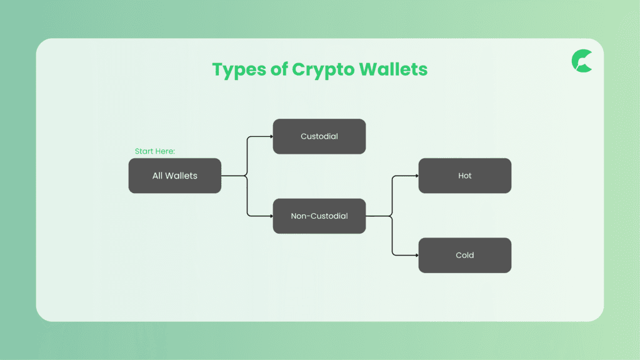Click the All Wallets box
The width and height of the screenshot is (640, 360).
point(175,176)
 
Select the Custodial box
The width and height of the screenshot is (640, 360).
point(319,136)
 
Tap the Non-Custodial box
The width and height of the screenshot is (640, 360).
point(319,216)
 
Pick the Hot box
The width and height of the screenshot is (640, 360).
point(465,176)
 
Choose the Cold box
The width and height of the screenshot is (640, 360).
point(465,255)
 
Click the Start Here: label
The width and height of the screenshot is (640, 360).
point(155,151)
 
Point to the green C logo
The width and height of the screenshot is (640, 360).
point(582,61)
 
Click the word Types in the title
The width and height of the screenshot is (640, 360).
point(239,70)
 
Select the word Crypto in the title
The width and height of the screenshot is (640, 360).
point(323,70)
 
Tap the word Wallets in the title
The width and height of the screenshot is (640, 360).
point(394,69)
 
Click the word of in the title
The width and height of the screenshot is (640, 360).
point(279,69)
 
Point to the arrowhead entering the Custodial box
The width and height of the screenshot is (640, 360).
point(271,136)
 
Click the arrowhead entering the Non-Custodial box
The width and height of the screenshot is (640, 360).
point(271,216)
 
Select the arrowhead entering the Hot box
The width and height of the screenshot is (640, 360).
point(417,176)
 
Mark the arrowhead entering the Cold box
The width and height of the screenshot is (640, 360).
point(417,255)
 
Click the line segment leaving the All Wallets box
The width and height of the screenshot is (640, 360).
point(234,176)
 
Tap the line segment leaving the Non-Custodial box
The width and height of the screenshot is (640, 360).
point(378,216)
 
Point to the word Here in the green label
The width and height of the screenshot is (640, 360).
point(165,151)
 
